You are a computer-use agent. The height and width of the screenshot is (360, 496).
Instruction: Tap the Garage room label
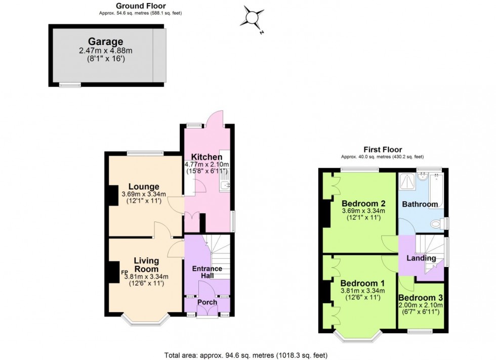coord(105,41)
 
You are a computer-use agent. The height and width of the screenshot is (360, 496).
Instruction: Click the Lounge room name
coord(143,186)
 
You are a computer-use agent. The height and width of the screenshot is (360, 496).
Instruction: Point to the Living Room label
coord(146,264)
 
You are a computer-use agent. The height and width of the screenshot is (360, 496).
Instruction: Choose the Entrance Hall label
coord(206,272)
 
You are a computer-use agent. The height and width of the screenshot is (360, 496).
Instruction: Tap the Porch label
coord(207,302)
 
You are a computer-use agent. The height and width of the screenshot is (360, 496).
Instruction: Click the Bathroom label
coord(420,204)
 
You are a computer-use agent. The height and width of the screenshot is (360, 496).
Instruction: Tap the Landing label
coord(421,258)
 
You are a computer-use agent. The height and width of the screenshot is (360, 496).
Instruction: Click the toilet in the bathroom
coord(437,223)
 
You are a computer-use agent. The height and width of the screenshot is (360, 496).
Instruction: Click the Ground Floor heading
coord(133,6)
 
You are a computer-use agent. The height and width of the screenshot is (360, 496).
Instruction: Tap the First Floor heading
coord(383,149)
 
